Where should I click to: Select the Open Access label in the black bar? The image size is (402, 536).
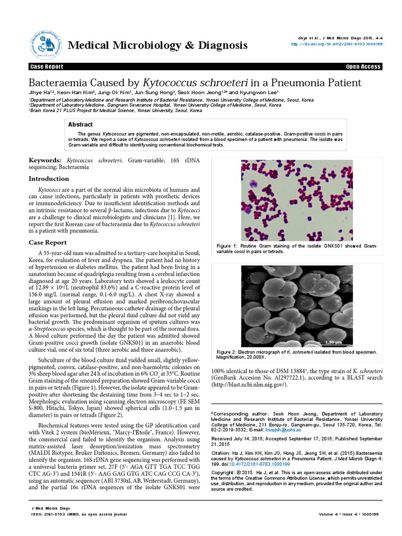(x=364, y=67)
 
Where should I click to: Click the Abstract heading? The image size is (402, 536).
(x=81, y=125)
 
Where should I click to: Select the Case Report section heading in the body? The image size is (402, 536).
(x=48, y=242)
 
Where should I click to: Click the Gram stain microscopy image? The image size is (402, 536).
(x=296, y=199)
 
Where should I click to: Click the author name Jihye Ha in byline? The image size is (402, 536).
(x=42, y=93)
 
